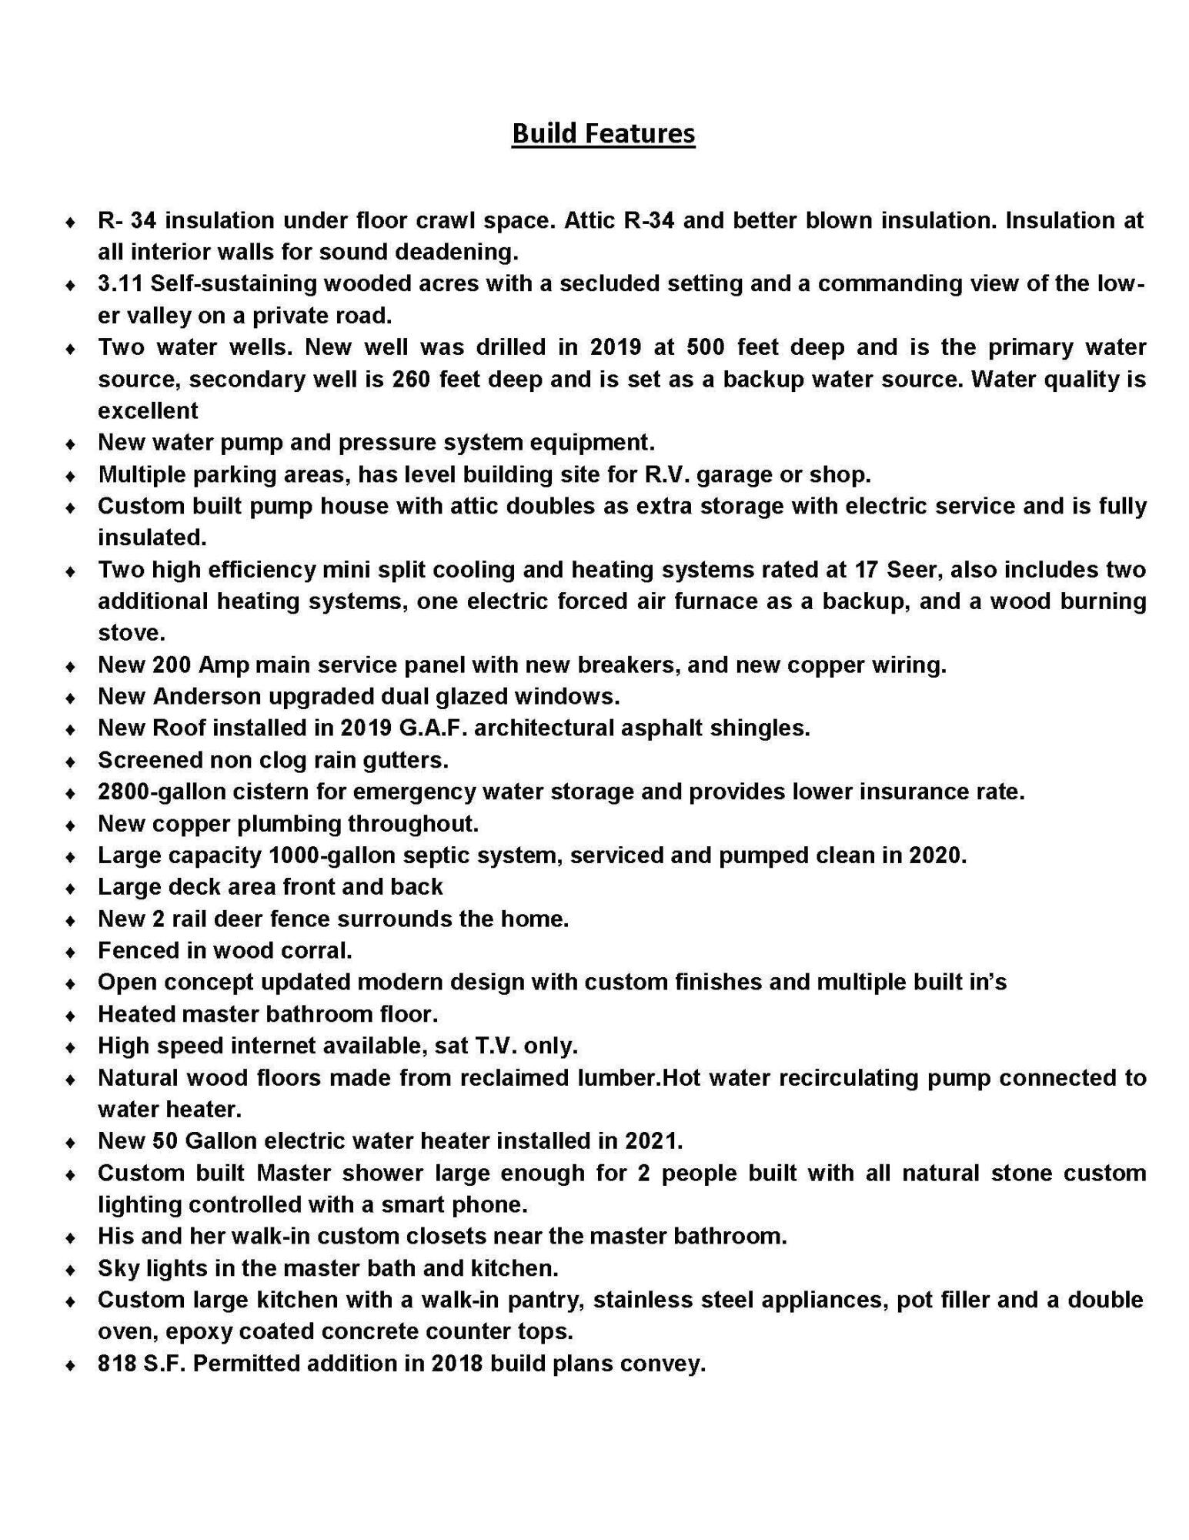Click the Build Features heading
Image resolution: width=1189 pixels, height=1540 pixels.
603,133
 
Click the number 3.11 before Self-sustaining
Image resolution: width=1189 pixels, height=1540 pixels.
121,283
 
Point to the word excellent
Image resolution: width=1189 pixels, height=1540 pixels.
148,410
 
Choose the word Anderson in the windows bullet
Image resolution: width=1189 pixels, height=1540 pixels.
207,696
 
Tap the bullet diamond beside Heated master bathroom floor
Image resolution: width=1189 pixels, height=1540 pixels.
70,1016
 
